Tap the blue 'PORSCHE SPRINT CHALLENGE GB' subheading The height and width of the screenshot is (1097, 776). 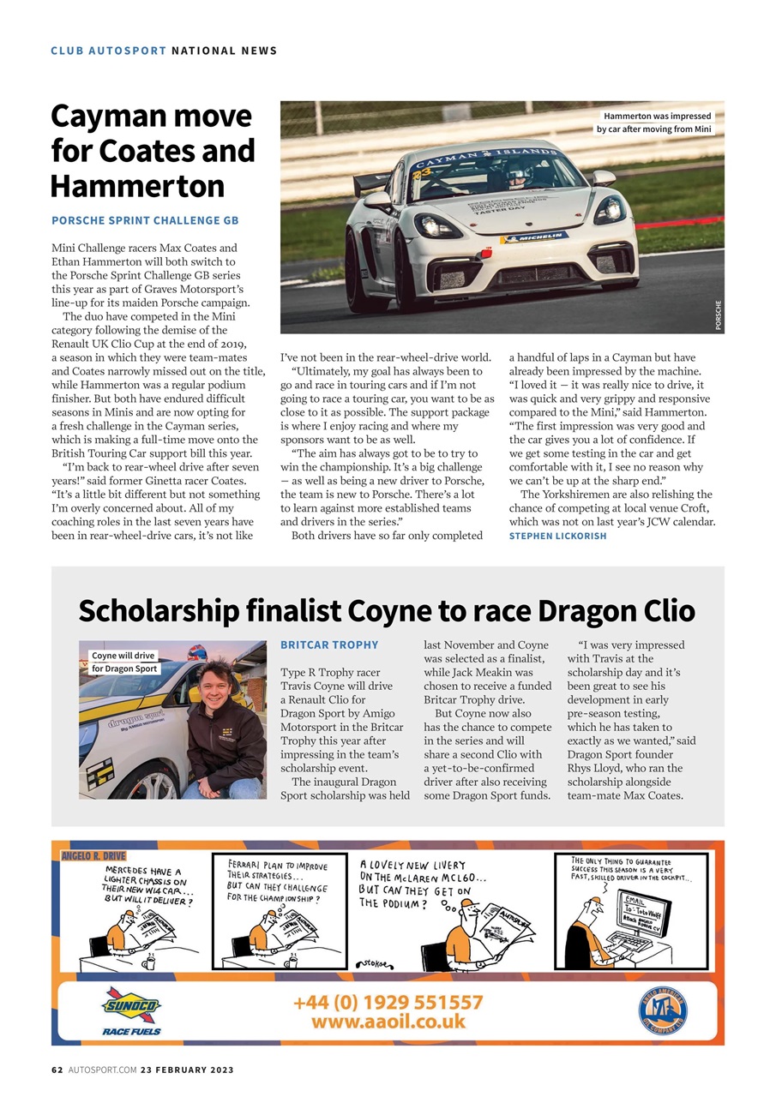[x=145, y=220]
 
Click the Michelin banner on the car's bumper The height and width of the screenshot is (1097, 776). [x=533, y=236]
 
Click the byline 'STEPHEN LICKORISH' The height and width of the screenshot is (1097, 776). [x=557, y=536]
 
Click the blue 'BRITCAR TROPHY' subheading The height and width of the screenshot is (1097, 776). [x=329, y=644]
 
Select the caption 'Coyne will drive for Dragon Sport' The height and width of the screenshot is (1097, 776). [x=124, y=662]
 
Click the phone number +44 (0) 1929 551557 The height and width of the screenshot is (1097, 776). [x=388, y=1002]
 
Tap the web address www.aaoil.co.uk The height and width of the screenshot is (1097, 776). [x=388, y=1022]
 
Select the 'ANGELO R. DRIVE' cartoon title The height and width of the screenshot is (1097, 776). [x=93, y=855]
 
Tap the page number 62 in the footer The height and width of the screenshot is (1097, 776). [x=57, y=1070]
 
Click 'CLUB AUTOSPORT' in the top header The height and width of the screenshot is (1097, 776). [x=108, y=51]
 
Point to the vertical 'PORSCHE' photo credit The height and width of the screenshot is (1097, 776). [x=718, y=314]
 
